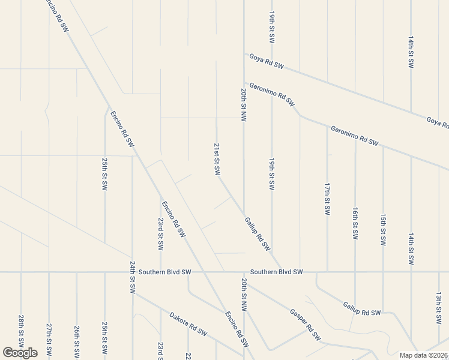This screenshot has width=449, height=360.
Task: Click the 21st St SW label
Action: pyautogui.click(x=217, y=160)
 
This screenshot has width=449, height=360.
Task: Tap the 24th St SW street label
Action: pyautogui.click(x=132, y=277)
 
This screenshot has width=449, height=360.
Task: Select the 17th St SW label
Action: pyautogui.click(x=327, y=200)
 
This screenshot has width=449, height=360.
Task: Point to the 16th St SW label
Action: pyautogui.click(x=355, y=223)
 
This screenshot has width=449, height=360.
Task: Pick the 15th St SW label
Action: pyautogui.click(x=383, y=229)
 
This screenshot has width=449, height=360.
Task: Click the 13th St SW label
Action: pyautogui.click(x=439, y=308)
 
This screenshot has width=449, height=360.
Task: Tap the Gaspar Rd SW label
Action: pyautogui.click(x=305, y=325)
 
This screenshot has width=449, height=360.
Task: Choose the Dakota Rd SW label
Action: pyautogui.click(x=188, y=324)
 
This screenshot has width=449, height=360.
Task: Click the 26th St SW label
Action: pyautogui.click(x=77, y=340)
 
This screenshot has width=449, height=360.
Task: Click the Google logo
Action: pyautogui.click(x=20, y=353)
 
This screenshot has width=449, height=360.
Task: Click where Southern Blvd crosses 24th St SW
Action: pyautogui.click(x=132, y=272)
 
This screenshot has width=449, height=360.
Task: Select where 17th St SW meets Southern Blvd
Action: pyautogui.click(x=327, y=272)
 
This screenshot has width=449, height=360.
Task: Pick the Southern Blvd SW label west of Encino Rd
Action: pyautogui.click(x=164, y=272)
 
